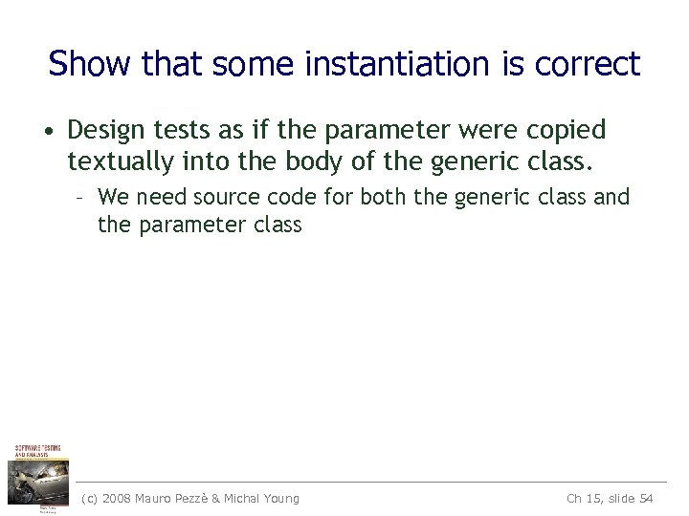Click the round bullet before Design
[55, 130]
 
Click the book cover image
[38, 477]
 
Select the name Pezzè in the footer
[200, 498]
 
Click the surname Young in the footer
[279, 498]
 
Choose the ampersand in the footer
[215, 498]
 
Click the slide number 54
[646, 498]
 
